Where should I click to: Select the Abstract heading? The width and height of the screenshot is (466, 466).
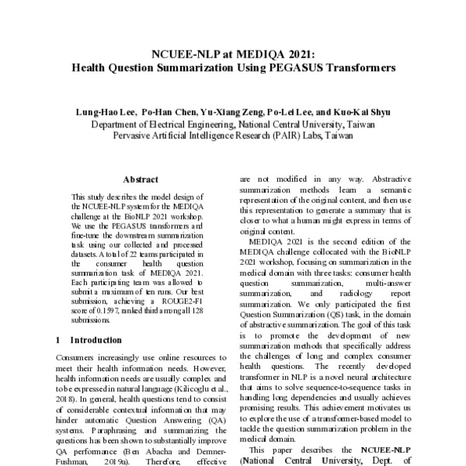141,179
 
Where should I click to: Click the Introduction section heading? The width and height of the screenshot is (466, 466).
96,339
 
